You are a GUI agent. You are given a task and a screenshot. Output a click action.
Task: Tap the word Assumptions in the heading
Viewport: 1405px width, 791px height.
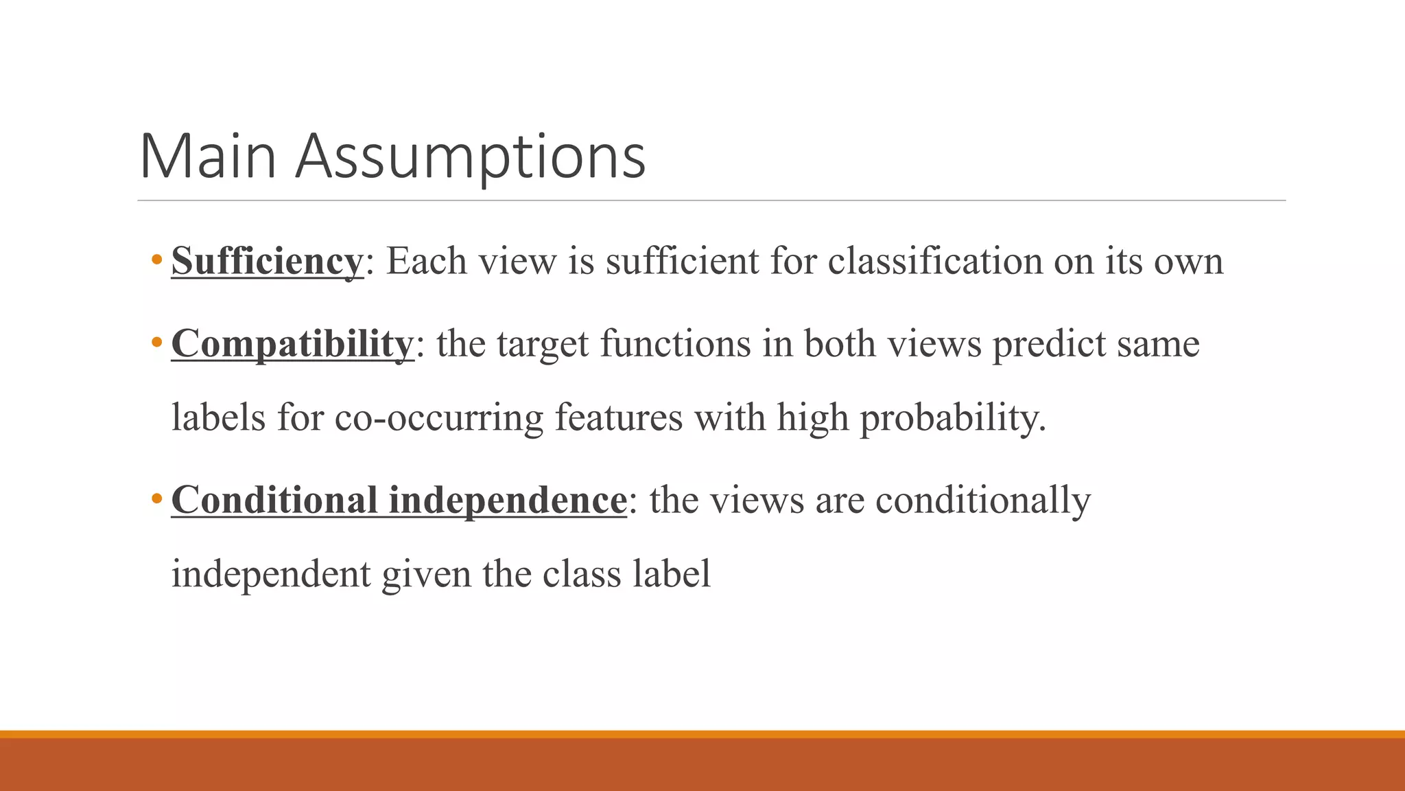click(x=471, y=158)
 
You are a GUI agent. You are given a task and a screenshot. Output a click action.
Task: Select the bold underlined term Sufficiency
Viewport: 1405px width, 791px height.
click(x=267, y=262)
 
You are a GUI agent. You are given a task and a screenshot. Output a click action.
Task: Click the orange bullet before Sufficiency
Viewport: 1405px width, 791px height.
click(x=157, y=260)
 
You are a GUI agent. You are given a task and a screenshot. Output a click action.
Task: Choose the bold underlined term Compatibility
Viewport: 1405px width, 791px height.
click(x=292, y=344)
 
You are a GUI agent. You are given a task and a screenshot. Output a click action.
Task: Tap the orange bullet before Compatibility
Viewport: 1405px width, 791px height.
click(x=157, y=342)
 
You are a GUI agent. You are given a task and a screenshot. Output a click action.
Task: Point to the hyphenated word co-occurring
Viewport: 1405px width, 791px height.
click(x=439, y=418)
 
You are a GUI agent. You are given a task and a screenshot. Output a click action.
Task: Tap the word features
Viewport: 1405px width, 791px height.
click(x=619, y=417)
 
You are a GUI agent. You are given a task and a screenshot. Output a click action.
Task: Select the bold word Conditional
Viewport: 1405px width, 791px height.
click(x=274, y=500)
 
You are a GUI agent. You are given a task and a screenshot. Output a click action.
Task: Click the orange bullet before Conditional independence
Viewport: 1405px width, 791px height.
click(x=157, y=498)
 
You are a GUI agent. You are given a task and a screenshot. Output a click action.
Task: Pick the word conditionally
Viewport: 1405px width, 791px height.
click(x=983, y=501)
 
